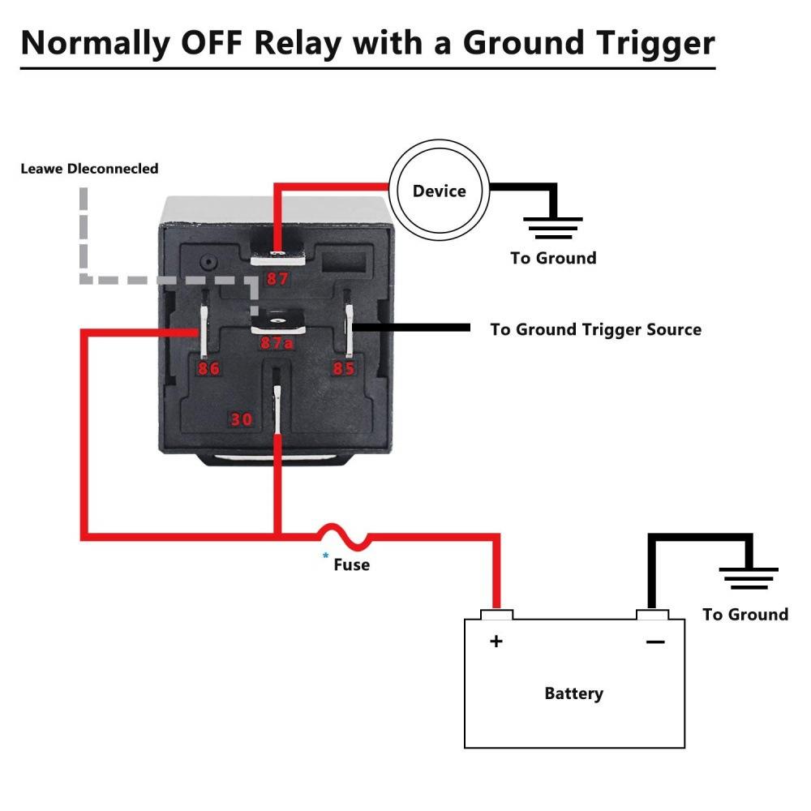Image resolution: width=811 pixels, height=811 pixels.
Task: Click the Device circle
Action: (439, 191)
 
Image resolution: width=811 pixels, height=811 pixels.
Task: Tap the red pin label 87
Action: (277, 280)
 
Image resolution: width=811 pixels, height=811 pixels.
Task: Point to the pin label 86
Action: (208, 369)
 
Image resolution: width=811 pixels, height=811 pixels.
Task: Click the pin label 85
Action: (345, 369)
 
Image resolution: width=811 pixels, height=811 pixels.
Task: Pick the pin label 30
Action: (242, 419)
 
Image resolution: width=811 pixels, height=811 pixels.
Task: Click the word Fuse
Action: (351, 564)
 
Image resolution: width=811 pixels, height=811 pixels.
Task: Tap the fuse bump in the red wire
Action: (342, 534)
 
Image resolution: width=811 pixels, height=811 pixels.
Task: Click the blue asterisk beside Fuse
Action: (326, 556)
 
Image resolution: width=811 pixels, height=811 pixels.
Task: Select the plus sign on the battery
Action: (496, 642)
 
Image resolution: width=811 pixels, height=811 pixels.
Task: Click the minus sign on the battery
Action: (654, 642)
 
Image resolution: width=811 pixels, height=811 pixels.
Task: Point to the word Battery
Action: (573, 693)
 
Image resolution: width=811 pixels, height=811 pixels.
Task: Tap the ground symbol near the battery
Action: (749, 577)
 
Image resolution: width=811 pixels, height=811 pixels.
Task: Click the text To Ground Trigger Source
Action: (595, 329)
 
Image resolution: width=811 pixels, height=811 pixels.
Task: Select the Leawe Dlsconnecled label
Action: (89, 169)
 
